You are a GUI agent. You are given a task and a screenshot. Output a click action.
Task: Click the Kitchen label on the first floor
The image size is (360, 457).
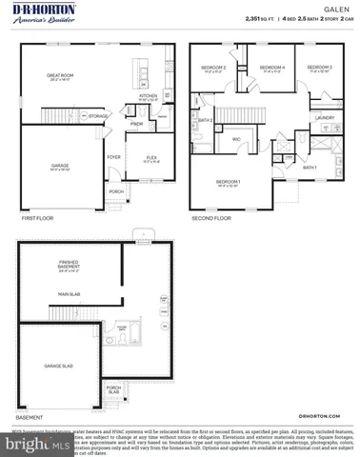pyautogui.click(x=148, y=96)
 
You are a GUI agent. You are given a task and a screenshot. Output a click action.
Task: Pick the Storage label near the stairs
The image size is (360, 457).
pyautogui.click(x=97, y=116)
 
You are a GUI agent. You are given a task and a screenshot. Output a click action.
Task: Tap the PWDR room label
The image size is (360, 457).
pyautogui.click(x=136, y=124)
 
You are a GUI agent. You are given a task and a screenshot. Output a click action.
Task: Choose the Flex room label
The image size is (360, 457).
pyautogui.click(x=150, y=157)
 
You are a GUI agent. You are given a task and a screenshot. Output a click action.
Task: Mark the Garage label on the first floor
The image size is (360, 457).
pyautogui.click(x=60, y=166)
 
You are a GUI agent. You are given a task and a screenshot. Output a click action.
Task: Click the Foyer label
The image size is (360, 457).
pyautogui.click(x=113, y=157)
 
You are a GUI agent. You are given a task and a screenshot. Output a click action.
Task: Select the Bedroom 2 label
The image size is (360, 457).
pyautogui.click(x=212, y=69)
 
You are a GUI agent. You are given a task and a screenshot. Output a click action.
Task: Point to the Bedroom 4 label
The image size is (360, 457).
pyautogui.click(x=273, y=69)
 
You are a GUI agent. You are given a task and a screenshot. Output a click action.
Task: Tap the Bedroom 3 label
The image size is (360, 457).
pyautogui.click(x=320, y=69)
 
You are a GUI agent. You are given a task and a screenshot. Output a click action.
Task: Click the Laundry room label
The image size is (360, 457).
pyautogui.click(x=324, y=118)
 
